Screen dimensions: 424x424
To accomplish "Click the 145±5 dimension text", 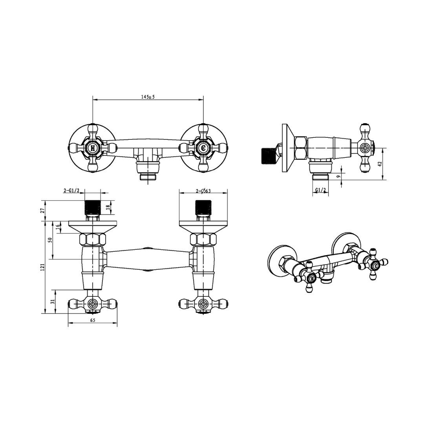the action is point(148,97).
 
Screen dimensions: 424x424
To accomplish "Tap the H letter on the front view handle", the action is point(93,148).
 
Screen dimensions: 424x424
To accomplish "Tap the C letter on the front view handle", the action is point(203,148).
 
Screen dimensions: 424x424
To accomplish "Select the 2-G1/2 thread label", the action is point(71,191).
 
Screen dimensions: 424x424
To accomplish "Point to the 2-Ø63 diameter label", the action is point(203,191).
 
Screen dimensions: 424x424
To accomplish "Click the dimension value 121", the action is point(42,267).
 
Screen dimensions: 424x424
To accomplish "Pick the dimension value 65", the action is point(93,320).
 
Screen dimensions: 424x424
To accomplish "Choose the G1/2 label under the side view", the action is point(321,190).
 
